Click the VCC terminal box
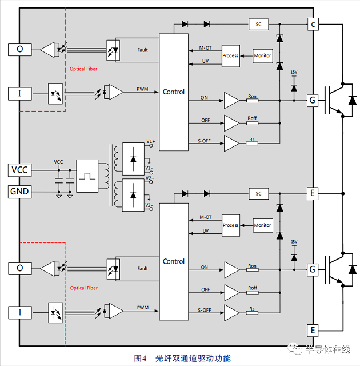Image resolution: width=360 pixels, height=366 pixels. click(20, 170)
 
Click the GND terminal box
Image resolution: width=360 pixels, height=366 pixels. click(20, 191)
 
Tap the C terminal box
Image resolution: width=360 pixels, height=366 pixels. click(313, 24)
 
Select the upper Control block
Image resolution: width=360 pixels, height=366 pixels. click(174, 91)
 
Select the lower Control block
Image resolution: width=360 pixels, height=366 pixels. click(174, 261)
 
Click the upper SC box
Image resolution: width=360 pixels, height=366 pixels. click(258, 25)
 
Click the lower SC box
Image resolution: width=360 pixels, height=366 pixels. click(258, 194)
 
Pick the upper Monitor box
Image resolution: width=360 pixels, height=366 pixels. click(262, 55)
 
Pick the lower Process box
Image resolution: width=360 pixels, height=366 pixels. click(230, 225)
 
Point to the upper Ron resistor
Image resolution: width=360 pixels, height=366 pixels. click(251, 100)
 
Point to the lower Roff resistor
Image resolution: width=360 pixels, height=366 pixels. click(251, 292)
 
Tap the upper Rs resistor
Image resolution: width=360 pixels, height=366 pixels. click(251, 142)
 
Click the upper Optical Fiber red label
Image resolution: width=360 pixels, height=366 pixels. click(84, 69)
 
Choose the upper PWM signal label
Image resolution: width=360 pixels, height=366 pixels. click(142, 89)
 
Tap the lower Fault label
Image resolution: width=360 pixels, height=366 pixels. click(142, 268)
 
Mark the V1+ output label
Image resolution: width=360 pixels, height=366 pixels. click(150, 141)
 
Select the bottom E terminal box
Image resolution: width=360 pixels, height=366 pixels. click(313, 330)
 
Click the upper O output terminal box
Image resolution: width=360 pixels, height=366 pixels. click(20, 50)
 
